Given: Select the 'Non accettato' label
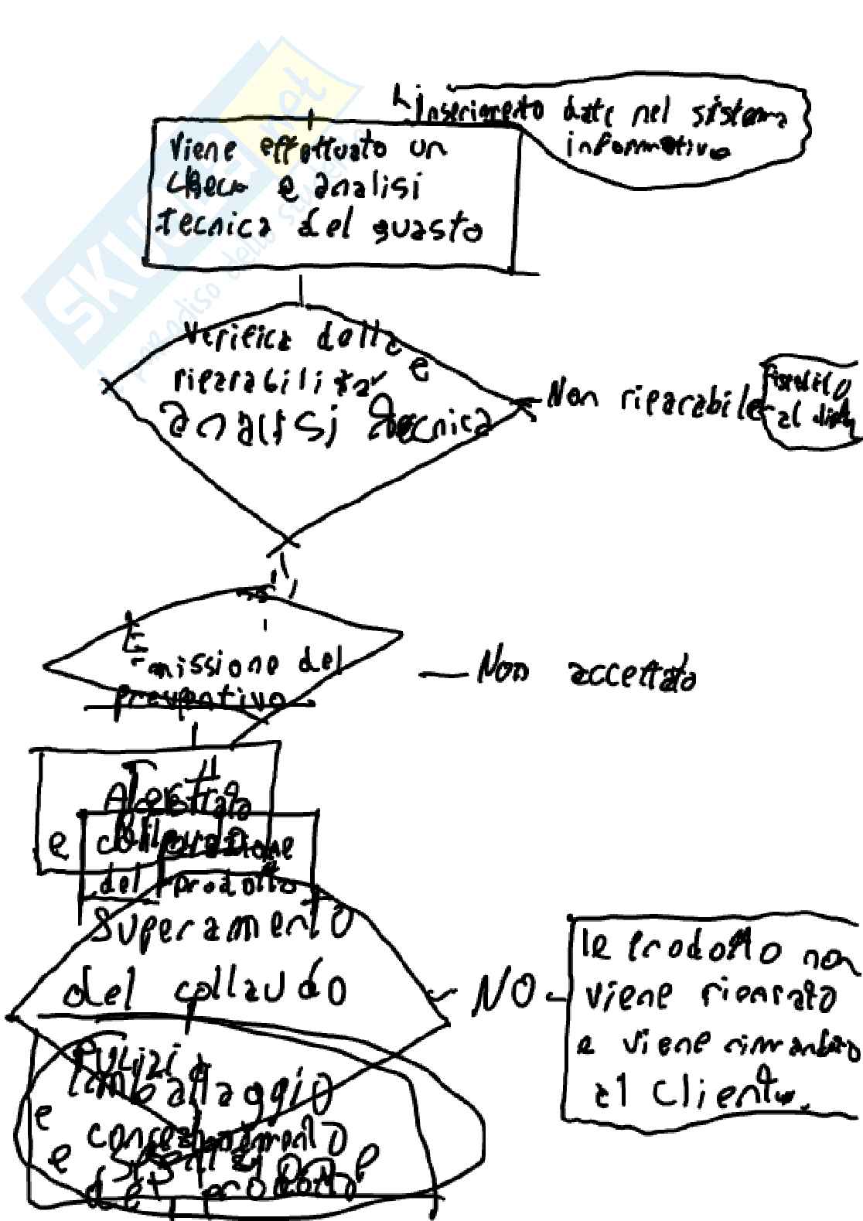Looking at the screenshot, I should point(588,678).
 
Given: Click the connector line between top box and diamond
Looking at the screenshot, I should point(301,292).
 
